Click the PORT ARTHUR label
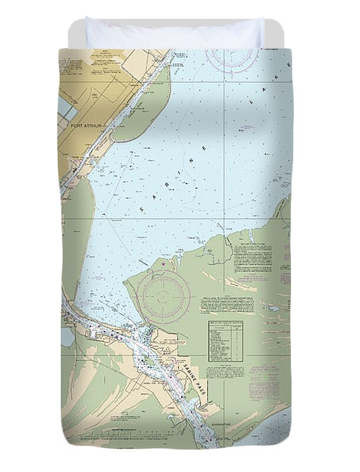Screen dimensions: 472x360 click(x=86, y=126)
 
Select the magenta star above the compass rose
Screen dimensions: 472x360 click(x=163, y=264)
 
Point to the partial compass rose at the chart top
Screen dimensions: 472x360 click(x=231, y=59)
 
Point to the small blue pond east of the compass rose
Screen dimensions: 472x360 click(x=273, y=308)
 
